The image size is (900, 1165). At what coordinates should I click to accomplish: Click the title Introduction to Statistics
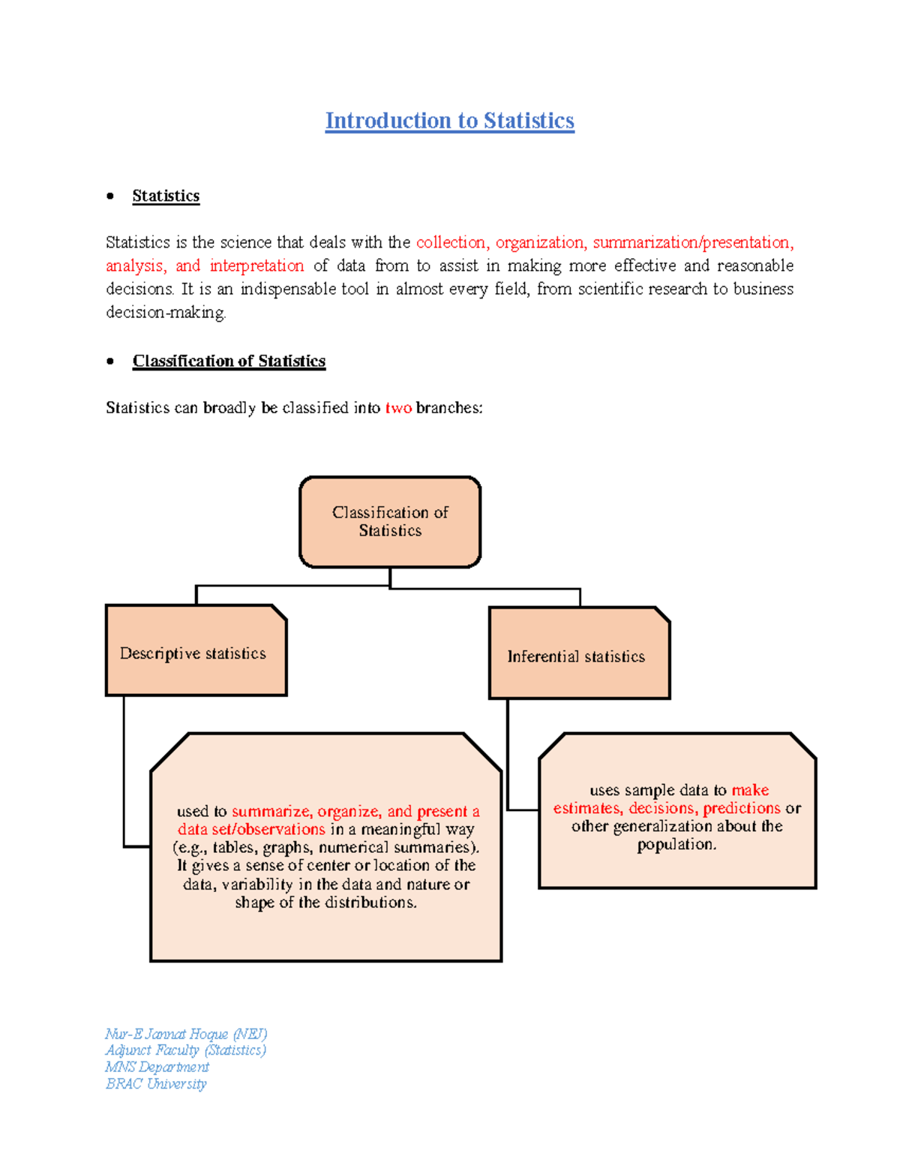449,121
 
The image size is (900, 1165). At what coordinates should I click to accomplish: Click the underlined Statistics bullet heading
166,196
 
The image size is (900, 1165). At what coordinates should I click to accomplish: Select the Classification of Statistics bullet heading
229,361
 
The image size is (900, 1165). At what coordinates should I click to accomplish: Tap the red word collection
451,242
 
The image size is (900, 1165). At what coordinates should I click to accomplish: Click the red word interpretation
256,266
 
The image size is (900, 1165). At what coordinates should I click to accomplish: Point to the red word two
398,408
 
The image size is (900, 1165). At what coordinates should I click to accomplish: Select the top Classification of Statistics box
390,521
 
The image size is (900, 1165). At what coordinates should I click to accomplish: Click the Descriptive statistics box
196,651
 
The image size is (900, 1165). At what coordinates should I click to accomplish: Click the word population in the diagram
676,845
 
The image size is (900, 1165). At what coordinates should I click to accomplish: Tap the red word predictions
742,808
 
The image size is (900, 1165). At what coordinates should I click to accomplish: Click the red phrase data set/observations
251,830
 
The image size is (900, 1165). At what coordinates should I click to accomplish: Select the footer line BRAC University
156,1084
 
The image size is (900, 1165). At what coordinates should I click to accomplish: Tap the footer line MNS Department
157,1067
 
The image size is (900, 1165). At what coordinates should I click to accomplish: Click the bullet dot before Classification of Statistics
110,361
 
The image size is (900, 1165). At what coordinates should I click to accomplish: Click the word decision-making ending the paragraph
165,313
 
